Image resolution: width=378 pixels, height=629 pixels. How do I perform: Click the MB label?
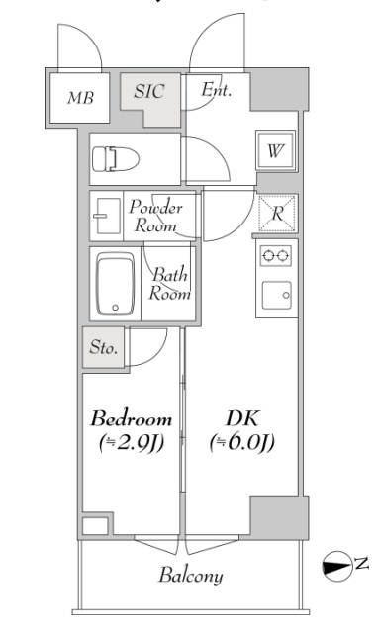click(x=81, y=98)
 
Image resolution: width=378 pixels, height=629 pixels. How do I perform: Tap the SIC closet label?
click(x=149, y=91)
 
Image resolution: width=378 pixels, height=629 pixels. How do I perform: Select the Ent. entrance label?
click(x=217, y=89)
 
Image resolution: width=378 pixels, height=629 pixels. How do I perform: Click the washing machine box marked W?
click(x=276, y=151)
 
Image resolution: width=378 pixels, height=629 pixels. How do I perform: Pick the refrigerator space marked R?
click(x=277, y=214)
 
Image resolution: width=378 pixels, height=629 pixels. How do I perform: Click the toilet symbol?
click(x=116, y=159)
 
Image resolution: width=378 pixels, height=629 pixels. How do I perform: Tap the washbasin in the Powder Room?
click(x=106, y=217)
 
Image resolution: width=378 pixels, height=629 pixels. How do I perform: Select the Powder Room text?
click(x=155, y=217)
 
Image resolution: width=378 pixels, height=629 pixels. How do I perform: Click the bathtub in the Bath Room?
click(x=115, y=284)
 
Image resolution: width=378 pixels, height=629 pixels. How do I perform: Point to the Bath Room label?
click(x=170, y=285)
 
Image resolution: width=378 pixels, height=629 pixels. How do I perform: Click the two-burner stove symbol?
click(x=276, y=255)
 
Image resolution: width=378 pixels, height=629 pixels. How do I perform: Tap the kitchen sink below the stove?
click(x=277, y=295)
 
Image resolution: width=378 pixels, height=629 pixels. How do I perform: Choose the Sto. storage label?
click(x=104, y=347)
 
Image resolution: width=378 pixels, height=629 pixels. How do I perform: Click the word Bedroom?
click(x=132, y=419)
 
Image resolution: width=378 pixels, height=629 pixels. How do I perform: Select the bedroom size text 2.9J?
click(x=132, y=443)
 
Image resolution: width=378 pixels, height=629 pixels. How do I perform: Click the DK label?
click(x=242, y=418)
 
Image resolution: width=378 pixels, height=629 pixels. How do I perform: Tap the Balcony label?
click(x=191, y=577)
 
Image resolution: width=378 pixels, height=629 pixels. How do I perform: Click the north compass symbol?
click(x=336, y=566)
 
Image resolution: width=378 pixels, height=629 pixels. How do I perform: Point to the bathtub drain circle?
click(x=116, y=308)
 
